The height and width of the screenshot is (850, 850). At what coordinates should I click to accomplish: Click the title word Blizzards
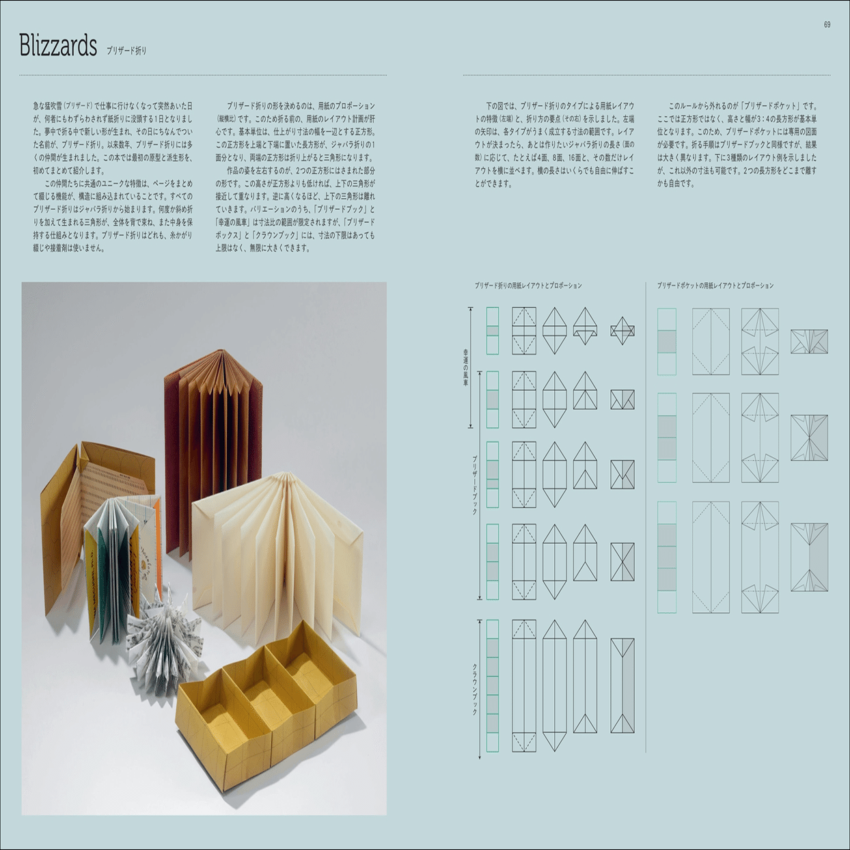click(58, 46)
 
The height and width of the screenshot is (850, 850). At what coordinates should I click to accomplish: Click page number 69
click(827, 25)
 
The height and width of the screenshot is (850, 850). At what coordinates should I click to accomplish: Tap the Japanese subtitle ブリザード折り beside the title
click(126, 51)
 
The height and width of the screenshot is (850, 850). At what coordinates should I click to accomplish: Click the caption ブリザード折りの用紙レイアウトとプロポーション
click(528, 286)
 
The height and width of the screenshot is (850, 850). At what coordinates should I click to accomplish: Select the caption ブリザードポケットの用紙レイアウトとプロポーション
click(715, 286)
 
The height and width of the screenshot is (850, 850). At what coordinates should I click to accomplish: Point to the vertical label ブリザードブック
click(475, 485)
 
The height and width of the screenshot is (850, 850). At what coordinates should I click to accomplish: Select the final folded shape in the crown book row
click(622, 685)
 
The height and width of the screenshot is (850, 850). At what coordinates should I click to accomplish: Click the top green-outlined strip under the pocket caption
click(667, 342)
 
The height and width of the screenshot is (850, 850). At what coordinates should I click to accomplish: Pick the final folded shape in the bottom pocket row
click(810, 557)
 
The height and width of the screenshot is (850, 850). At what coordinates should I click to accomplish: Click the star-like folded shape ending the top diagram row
click(622, 331)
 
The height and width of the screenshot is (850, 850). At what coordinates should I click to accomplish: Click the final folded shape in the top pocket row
click(810, 342)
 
